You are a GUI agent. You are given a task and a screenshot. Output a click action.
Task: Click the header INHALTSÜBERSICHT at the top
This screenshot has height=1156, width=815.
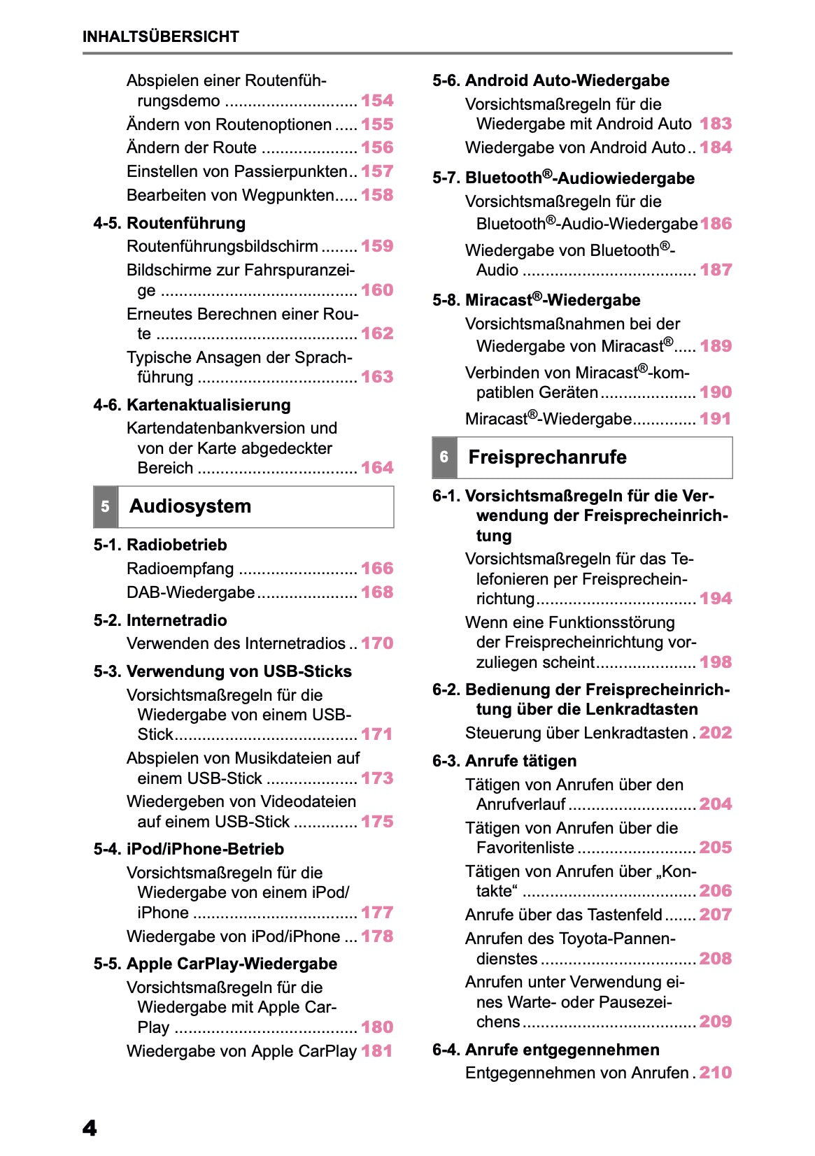tap(160, 36)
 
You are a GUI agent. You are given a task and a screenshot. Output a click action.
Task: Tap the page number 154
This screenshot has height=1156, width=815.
tap(377, 101)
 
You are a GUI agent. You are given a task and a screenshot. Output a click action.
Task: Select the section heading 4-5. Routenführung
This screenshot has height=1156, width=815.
tap(169, 223)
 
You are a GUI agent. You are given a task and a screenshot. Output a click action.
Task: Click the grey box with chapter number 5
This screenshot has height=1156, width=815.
tap(105, 506)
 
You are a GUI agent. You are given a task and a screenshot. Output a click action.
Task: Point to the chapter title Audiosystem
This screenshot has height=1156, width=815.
tap(190, 506)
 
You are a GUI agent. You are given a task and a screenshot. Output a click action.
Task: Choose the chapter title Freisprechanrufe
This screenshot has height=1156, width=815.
tap(547, 457)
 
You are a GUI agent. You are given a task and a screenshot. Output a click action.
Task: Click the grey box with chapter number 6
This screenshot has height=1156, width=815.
tap(444, 457)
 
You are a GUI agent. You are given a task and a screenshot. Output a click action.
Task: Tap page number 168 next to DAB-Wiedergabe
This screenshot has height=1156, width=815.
tap(377, 592)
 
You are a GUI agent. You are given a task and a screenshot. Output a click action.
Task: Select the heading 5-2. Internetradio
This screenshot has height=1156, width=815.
tap(160, 620)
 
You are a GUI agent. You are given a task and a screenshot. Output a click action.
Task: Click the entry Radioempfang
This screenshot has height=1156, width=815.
tap(180, 569)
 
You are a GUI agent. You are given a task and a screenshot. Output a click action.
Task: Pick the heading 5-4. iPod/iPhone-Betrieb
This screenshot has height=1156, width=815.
tap(189, 849)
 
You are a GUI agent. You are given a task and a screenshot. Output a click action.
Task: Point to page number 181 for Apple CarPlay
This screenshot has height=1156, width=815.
tap(377, 1051)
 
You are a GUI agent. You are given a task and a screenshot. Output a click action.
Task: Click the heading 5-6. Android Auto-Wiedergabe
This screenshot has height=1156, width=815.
tap(551, 80)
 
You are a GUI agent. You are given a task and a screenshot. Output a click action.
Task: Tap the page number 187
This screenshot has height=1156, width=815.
tap(716, 270)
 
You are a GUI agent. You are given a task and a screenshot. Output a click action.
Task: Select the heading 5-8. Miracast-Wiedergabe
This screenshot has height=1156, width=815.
tap(537, 300)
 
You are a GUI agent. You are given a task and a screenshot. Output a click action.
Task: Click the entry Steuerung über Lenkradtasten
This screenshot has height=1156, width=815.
tap(576, 733)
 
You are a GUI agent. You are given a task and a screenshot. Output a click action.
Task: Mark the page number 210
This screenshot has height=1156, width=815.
tap(716, 1073)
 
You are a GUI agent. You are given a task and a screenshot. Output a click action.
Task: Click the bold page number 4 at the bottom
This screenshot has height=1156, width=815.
tap(90, 1128)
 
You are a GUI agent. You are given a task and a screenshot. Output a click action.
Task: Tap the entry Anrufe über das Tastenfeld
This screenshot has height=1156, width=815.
tap(563, 915)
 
